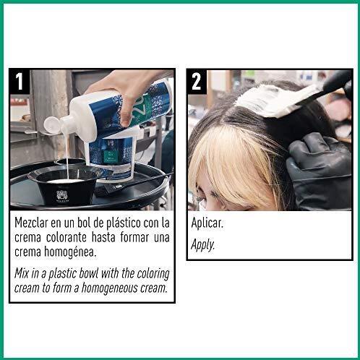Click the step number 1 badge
click(x=21, y=82)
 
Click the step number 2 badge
click(x=197, y=82)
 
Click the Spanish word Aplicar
click(x=207, y=223)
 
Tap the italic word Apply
click(x=204, y=244)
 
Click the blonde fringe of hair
click(x=220, y=155)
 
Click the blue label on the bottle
click(x=108, y=152)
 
